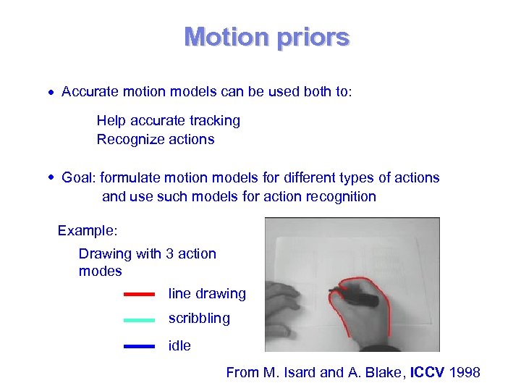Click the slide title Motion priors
266,37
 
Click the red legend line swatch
139,295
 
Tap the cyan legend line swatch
139,319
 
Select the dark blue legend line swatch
139,347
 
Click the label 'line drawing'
207,294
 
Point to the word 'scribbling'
199,319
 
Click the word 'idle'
179,346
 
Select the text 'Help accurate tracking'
168,120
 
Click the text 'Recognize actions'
156,139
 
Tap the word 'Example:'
88,231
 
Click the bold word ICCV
428,373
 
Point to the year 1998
465,373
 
